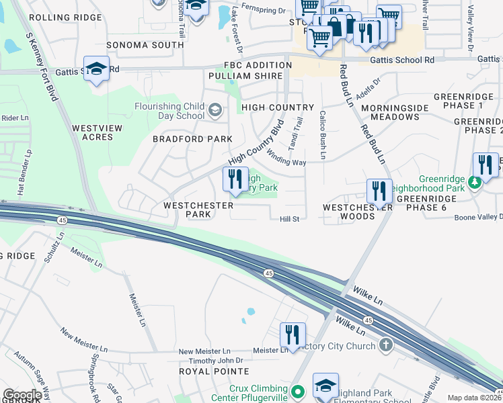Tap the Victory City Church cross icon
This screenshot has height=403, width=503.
coord(385,346)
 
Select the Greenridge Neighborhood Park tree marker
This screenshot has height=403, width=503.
coord(473,181)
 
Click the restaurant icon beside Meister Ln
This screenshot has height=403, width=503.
coord(293,334)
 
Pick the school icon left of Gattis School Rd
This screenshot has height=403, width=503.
coord(97,70)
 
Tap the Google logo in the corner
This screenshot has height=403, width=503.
coord(22,395)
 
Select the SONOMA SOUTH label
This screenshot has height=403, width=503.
coord(145,45)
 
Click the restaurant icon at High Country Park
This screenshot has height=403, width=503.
coord(235,179)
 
